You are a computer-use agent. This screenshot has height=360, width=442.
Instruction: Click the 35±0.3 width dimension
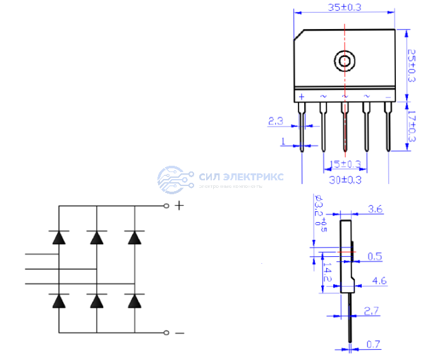[x=344, y=8]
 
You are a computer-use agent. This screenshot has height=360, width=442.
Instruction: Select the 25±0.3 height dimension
[x=412, y=65]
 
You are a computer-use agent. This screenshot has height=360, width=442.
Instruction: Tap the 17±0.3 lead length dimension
[x=412, y=127]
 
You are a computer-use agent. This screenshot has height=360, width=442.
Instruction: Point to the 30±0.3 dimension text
[x=345, y=180]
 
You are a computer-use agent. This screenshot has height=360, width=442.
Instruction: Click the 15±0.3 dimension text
[x=346, y=164]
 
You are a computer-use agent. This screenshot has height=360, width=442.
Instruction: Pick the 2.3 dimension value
[x=276, y=120]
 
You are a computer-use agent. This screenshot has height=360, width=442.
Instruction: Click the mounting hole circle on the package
[x=344, y=61]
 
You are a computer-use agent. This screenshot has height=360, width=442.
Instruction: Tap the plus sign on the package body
[x=302, y=96]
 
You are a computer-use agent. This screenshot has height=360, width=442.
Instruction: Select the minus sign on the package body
[x=388, y=96]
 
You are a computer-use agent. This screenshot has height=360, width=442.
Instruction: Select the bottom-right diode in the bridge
[x=134, y=301]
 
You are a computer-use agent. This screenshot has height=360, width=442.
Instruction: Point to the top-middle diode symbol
[x=97, y=238]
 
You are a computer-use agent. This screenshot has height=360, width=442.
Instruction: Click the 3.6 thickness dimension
[x=374, y=209]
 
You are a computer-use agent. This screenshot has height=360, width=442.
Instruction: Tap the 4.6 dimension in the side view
[x=379, y=280]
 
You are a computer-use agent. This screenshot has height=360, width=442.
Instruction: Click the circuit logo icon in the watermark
[x=175, y=178]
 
